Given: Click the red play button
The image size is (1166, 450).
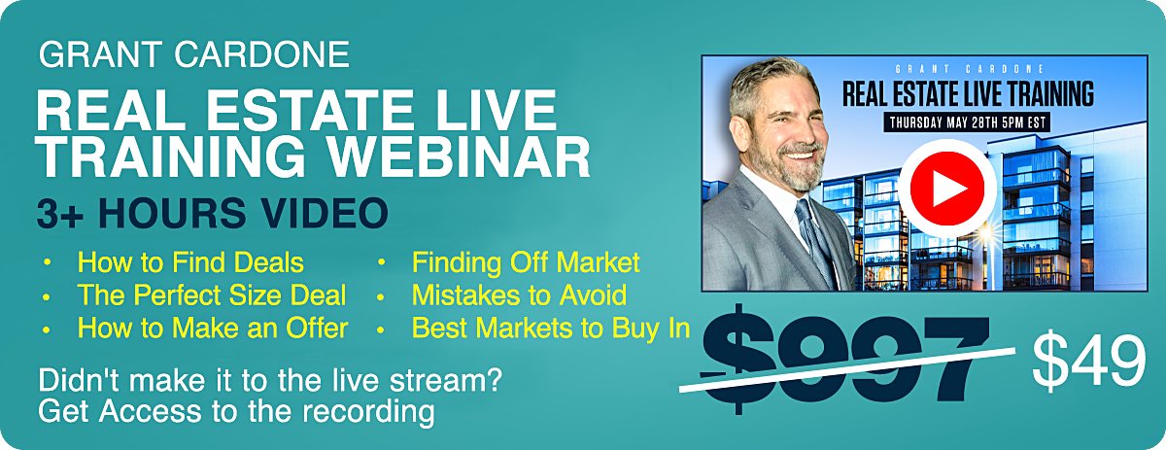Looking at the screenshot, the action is coord(947,188).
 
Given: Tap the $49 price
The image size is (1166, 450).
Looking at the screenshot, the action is coord(1089,361).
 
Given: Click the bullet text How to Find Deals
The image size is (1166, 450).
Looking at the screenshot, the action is coord(190,262).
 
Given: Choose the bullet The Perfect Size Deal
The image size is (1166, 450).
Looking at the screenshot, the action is coord(212,295).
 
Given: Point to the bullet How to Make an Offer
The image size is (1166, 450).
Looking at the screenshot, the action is coord(213,329).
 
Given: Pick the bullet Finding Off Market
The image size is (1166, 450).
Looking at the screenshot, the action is coord(526,262).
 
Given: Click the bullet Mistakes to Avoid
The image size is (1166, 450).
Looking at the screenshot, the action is coord(519,295).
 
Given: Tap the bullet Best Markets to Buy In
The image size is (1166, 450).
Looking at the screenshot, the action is coord(551,329).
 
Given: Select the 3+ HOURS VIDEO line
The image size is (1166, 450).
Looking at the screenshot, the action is coord(213,213).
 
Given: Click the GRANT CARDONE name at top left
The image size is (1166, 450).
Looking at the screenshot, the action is coord(194,54).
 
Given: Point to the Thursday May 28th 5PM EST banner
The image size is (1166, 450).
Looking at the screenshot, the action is coord(968,122).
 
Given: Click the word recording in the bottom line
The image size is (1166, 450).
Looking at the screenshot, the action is coord(368,412).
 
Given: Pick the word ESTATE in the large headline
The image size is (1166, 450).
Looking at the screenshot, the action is coord(310,111).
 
